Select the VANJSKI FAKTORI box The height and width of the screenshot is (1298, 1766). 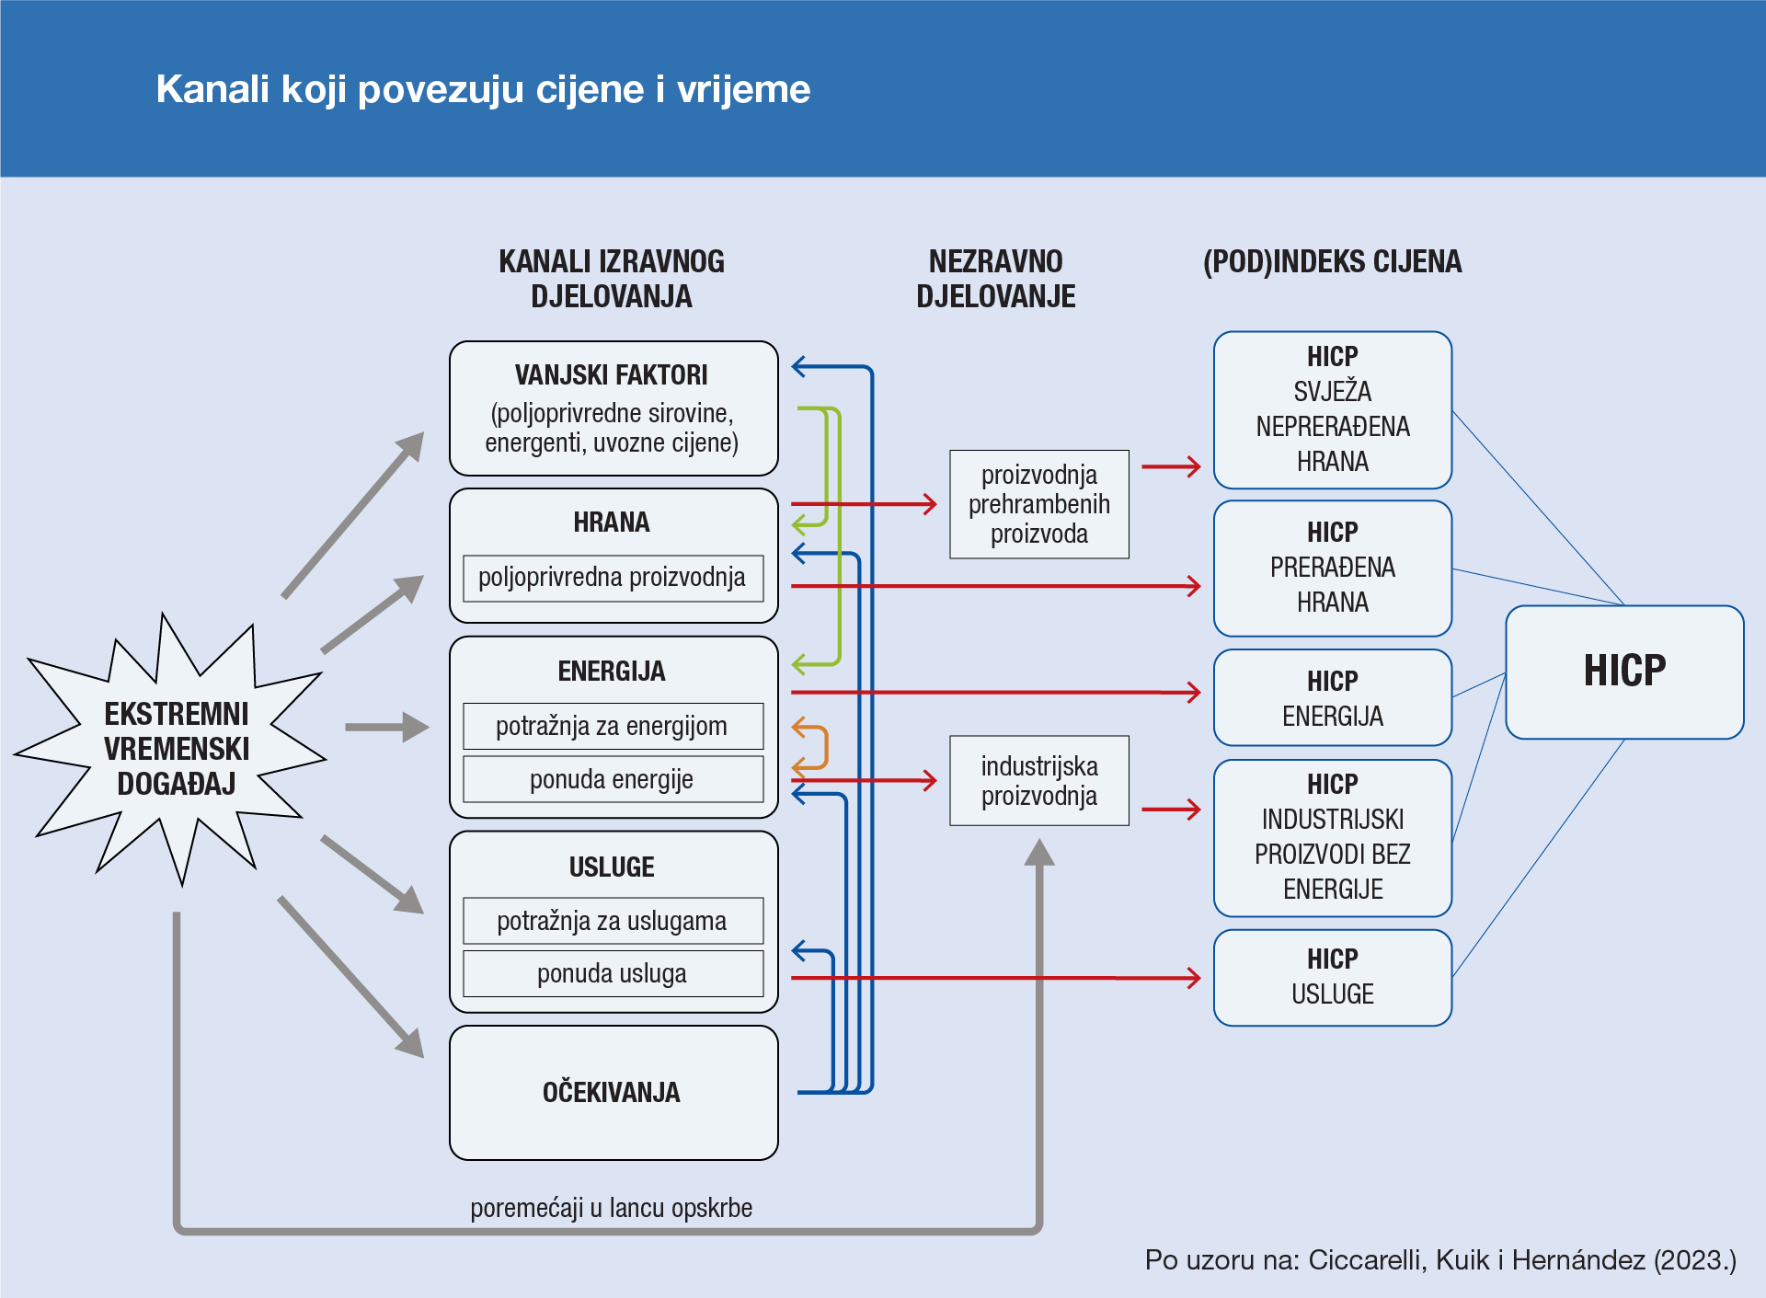[613, 408]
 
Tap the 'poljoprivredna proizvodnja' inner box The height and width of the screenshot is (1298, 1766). [613, 578]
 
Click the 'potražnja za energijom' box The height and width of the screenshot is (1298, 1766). [613, 727]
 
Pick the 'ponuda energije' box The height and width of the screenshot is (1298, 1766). [613, 779]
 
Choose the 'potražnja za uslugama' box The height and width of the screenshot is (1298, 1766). [613, 921]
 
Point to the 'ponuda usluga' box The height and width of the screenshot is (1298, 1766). [613, 973]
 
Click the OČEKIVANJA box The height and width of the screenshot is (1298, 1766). [613, 1093]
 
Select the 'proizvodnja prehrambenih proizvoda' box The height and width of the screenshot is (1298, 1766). [1039, 504]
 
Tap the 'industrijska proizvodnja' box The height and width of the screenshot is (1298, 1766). [1039, 780]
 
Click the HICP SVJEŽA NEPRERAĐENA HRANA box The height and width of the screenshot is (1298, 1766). [1332, 409]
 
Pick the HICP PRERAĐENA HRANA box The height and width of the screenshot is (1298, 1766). [1332, 568]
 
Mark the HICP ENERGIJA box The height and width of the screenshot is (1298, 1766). [1332, 697]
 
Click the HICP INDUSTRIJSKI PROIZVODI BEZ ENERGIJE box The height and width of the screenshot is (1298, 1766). [1332, 837]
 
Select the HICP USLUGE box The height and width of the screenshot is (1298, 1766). [1332, 977]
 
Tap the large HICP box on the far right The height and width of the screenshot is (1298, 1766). [1624, 672]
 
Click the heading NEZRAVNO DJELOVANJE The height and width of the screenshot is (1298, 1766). [995, 279]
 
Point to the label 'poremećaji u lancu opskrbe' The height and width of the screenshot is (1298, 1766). [611, 1208]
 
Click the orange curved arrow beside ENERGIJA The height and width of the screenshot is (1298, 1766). [813, 745]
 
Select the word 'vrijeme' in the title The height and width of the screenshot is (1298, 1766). [743, 89]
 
